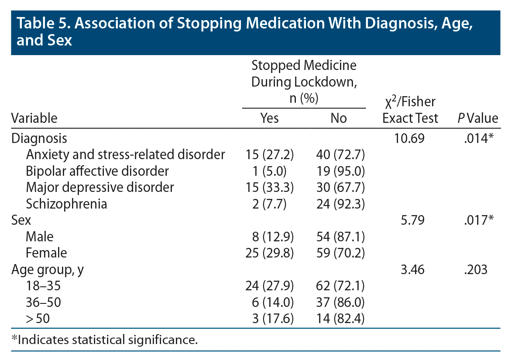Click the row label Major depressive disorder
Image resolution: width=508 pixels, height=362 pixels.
(x=100, y=187)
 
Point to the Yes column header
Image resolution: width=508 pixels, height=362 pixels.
(x=269, y=118)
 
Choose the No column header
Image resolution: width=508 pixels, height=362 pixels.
(x=339, y=118)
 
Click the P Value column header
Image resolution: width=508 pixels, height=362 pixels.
(x=477, y=118)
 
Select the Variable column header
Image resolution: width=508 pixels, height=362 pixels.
(x=34, y=118)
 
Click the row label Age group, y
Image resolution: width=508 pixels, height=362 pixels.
(x=48, y=269)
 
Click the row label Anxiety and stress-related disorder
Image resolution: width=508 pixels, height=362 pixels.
(x=125, y=154)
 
